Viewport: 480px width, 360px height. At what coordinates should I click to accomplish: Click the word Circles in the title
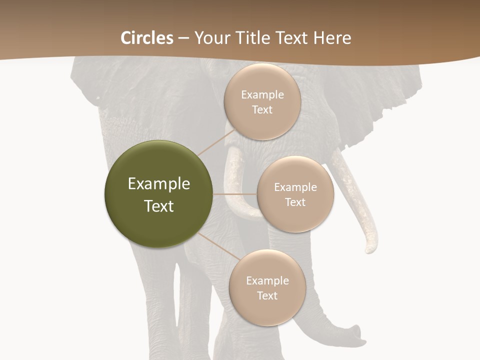(x=147, y=38)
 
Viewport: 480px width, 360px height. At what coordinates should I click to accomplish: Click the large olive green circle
(x=158, y=194)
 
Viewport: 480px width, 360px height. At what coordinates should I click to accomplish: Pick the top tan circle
(x=262, y=101)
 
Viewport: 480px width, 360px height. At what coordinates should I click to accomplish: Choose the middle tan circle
(x=295, y=194)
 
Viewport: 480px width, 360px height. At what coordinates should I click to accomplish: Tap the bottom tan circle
(x=267, y=287)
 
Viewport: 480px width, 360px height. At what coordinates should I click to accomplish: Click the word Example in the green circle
(x=158, y=184)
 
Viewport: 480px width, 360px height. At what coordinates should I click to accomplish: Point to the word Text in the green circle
(x=158, y=206)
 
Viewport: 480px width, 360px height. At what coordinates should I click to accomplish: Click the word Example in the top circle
(x=262, y=95)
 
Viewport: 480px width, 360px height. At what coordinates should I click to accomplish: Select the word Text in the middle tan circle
(x=295, y=202)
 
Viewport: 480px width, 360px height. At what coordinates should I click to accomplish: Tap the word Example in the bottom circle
(x=267, y=281)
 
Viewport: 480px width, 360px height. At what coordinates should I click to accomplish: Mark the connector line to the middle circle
(x=235, y=194)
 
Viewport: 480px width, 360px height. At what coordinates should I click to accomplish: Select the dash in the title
(x=183, y=38)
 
